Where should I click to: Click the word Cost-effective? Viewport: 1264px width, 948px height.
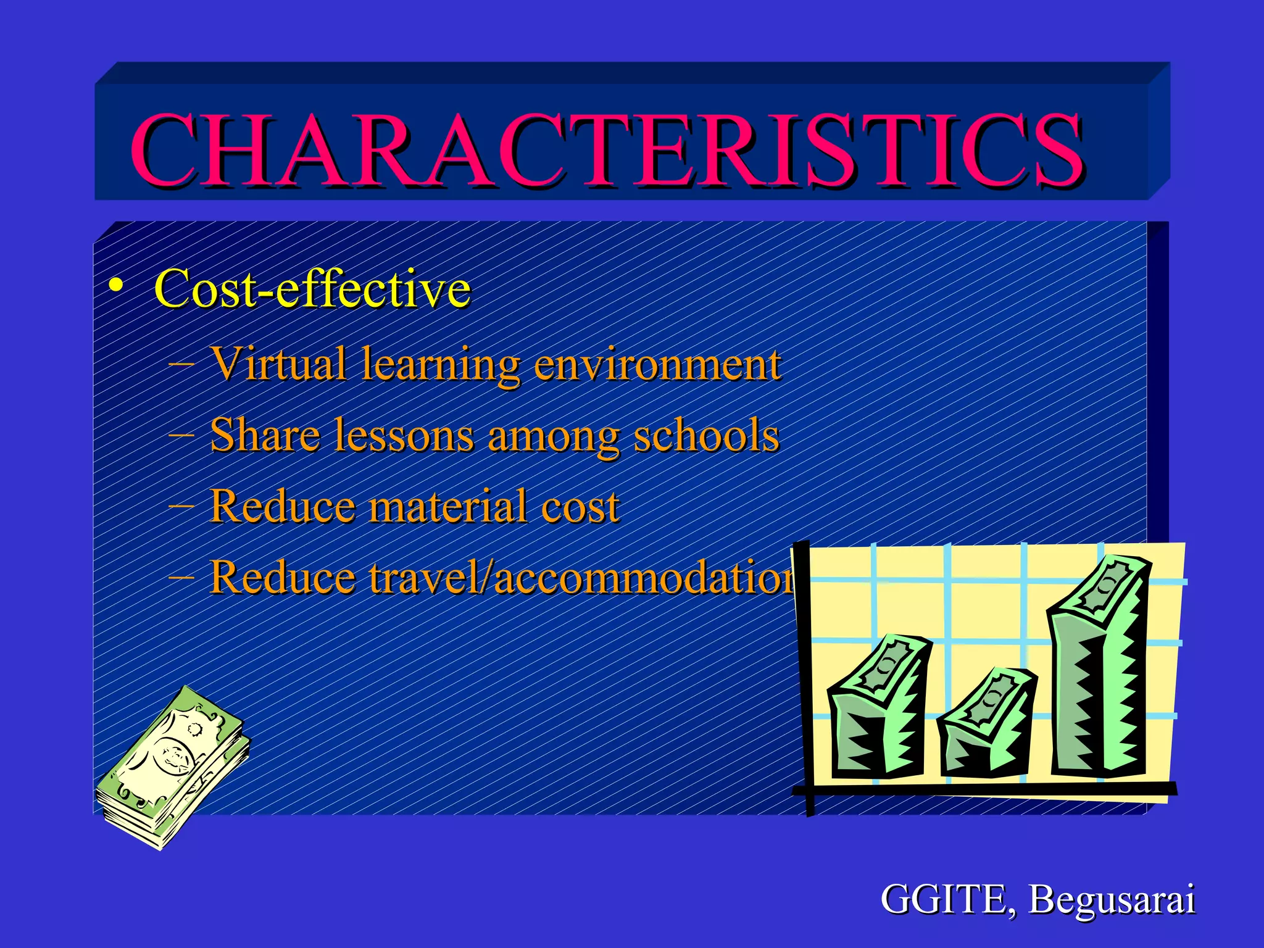tap(312, 289)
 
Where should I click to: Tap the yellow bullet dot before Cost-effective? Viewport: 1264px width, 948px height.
tap(115, 286)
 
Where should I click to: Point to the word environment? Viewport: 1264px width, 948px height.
tap(657, 365)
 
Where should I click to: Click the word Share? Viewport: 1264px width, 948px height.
tap(265, 435)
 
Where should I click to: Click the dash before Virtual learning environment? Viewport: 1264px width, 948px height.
tap(181, 364)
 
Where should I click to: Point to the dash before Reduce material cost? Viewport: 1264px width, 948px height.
tap(181, 506)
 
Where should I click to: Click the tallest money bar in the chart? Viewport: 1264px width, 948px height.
tap(1099, 667)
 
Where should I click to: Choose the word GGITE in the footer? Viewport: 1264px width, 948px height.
tap(944, 899)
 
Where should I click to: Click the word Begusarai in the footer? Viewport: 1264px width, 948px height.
tap(1112, 900)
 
